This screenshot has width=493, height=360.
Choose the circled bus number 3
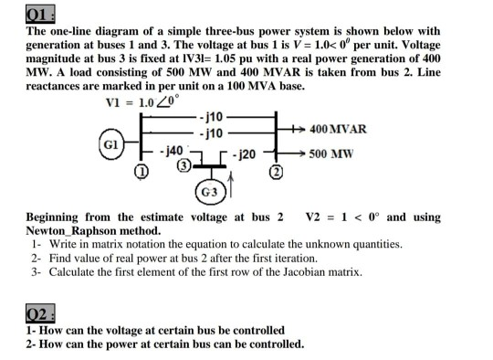click(184, 165)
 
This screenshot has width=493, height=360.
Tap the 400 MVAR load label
click(339, 129)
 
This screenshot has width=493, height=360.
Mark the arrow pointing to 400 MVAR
click(296, 129)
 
